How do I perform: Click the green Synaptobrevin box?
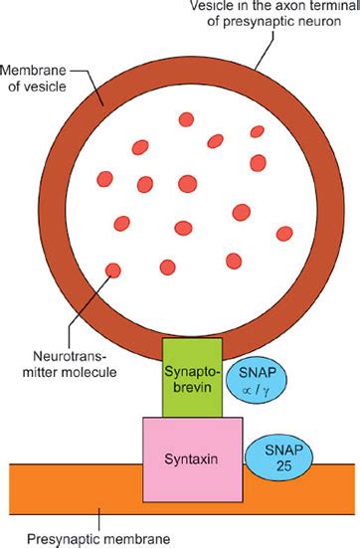point(191,378)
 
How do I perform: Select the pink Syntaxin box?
point(193,458)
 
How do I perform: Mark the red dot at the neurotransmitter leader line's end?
point(113,270)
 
